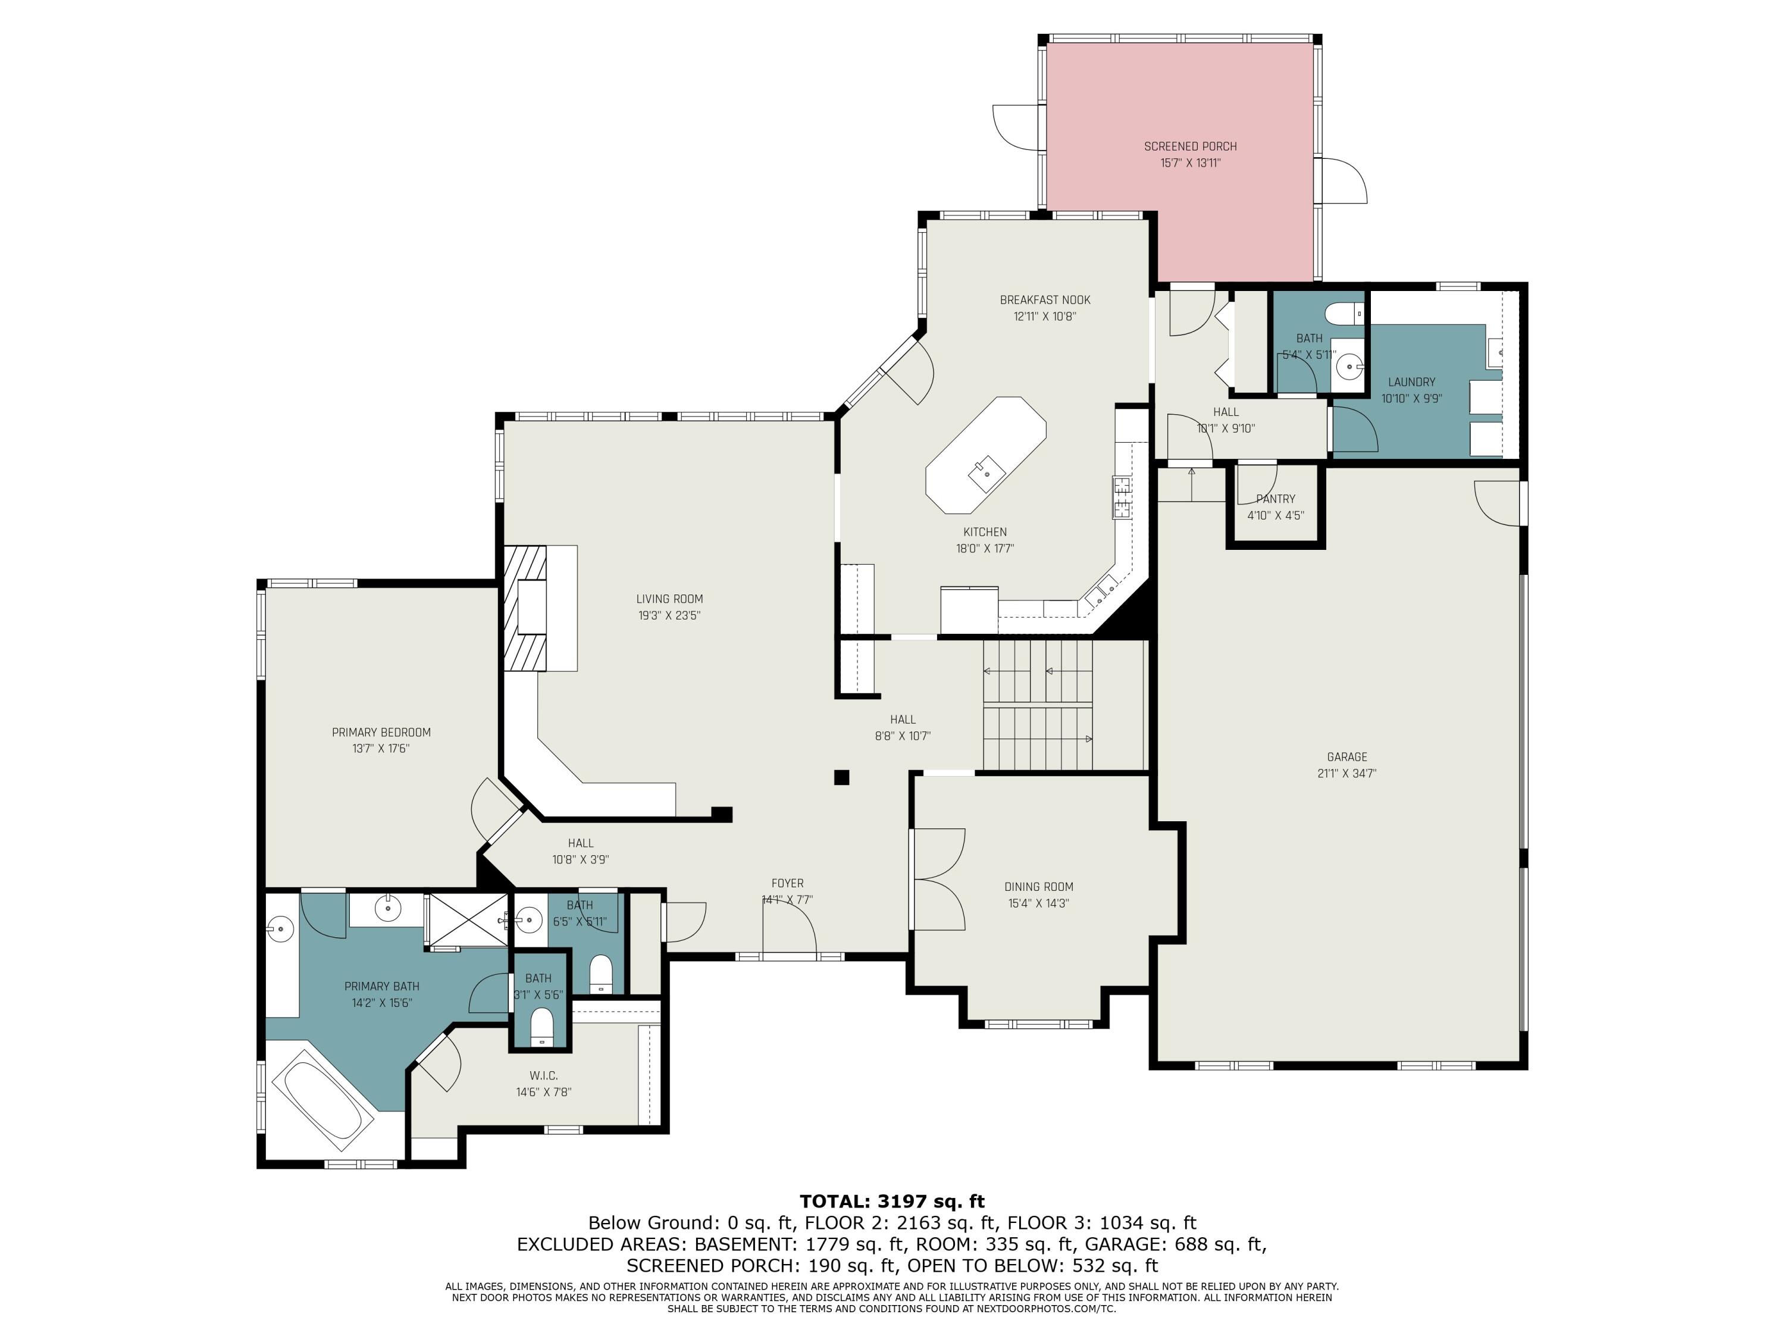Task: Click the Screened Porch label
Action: (x=1189, y=146)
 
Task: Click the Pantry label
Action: (x=1275, y=499)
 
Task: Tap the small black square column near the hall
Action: (x=842, y=777)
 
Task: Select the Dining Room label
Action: (x=1038, y=886)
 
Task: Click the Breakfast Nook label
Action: (x=1044, y=299)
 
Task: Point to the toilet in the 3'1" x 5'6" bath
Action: (x=541, y=1027)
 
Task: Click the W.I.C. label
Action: (x=543, y=1076)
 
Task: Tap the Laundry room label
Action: (x=1411, y=382)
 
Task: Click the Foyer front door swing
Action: (x=789, y=928)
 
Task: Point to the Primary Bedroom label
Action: (x=381, y=732)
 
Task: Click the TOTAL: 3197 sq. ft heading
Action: (x=892, y=1201)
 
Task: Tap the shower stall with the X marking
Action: (x=467, y=919)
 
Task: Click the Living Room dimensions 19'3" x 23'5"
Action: (x=669, y=615)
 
